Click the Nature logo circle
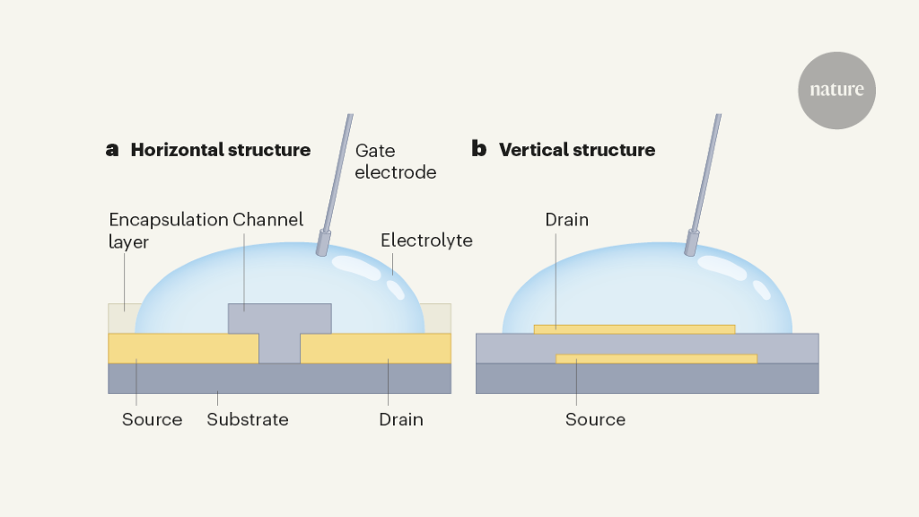[x=836, y=90]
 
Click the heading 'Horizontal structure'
[x=221, y=150]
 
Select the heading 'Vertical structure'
[x=577, y=150]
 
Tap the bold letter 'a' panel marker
[x=112, y=150]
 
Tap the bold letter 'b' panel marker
[x=479, y=150]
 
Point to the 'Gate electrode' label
[x=395, y=162]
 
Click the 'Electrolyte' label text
[x=426, y=241]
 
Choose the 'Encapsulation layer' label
[x=167, y=230]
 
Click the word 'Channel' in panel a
[x=268, y=220]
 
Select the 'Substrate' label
[x=248, y=419]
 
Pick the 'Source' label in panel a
[x=153, y=419]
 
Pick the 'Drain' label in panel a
[x=400, y=419]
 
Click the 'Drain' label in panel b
[x=566, y=220]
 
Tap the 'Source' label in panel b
[x=595, y=419]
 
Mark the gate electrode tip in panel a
[x=322, y=245]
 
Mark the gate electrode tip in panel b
[x=692, y=242]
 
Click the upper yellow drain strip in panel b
[x=635, y=329]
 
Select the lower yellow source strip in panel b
[x=656, y=358]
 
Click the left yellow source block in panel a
[x=183, y=348]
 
